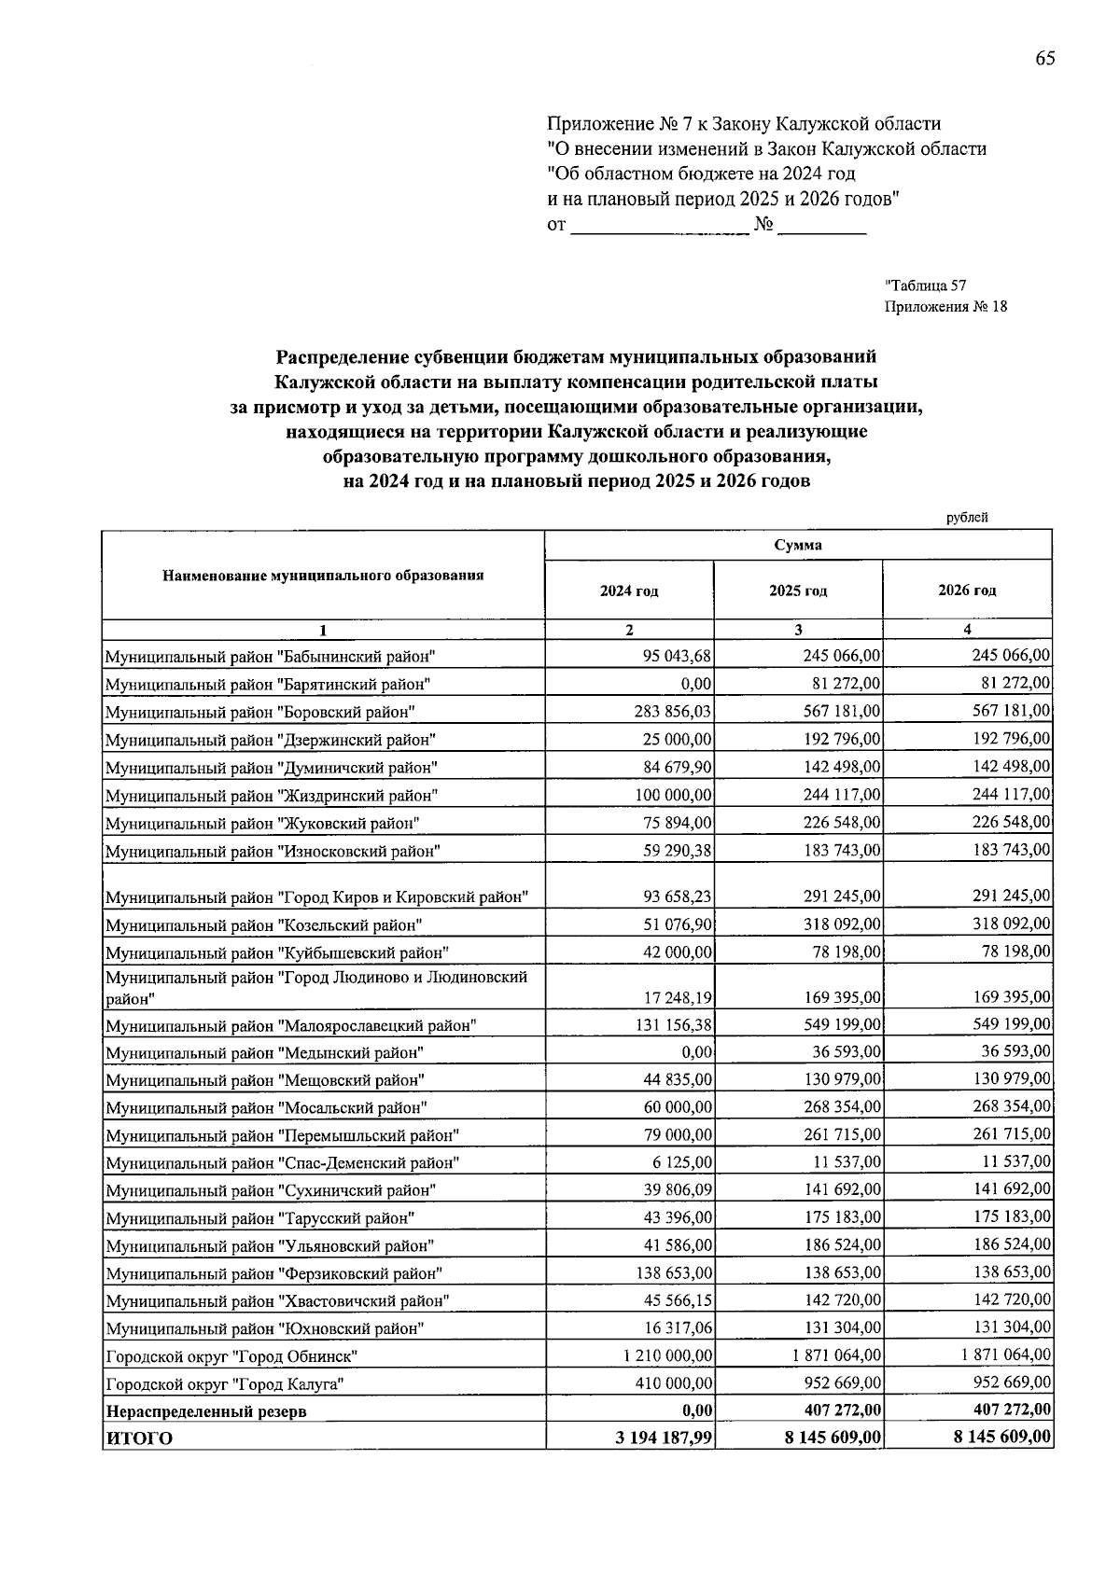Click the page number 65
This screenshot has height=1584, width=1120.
(x=1044, y=59)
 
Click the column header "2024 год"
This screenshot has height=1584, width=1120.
(x=629, y=591)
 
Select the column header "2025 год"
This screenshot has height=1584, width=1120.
(x=798, y=591)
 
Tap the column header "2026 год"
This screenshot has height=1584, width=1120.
(x=967, y=591)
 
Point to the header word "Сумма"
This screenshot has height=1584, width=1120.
(x=798, y=546)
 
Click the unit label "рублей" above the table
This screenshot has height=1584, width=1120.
(x=966, y=517)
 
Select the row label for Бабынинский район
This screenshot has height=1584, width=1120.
(x=271, y=656)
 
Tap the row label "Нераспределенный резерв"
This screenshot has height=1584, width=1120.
(x=205, y=1411)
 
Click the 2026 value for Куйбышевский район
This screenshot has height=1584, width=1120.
(x=1015, y=952)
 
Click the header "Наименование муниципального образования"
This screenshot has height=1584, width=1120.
(x=323, y=576)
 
